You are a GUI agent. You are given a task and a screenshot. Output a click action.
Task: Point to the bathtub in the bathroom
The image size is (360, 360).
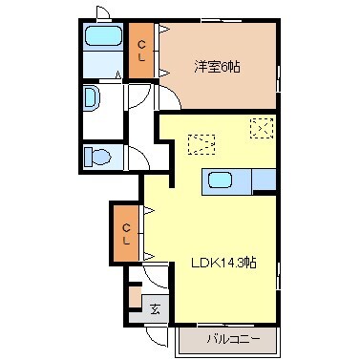point(101,37)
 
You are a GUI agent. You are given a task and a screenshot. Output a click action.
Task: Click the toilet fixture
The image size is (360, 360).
point(96,156)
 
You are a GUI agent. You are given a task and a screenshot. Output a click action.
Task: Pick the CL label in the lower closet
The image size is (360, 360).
point(125,232)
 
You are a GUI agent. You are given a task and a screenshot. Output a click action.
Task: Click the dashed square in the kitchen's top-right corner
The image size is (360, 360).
point(261,126)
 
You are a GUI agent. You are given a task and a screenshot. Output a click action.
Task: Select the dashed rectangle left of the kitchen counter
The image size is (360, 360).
point(201,144)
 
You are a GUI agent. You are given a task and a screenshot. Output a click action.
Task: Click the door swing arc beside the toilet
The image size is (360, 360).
point(134,156)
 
